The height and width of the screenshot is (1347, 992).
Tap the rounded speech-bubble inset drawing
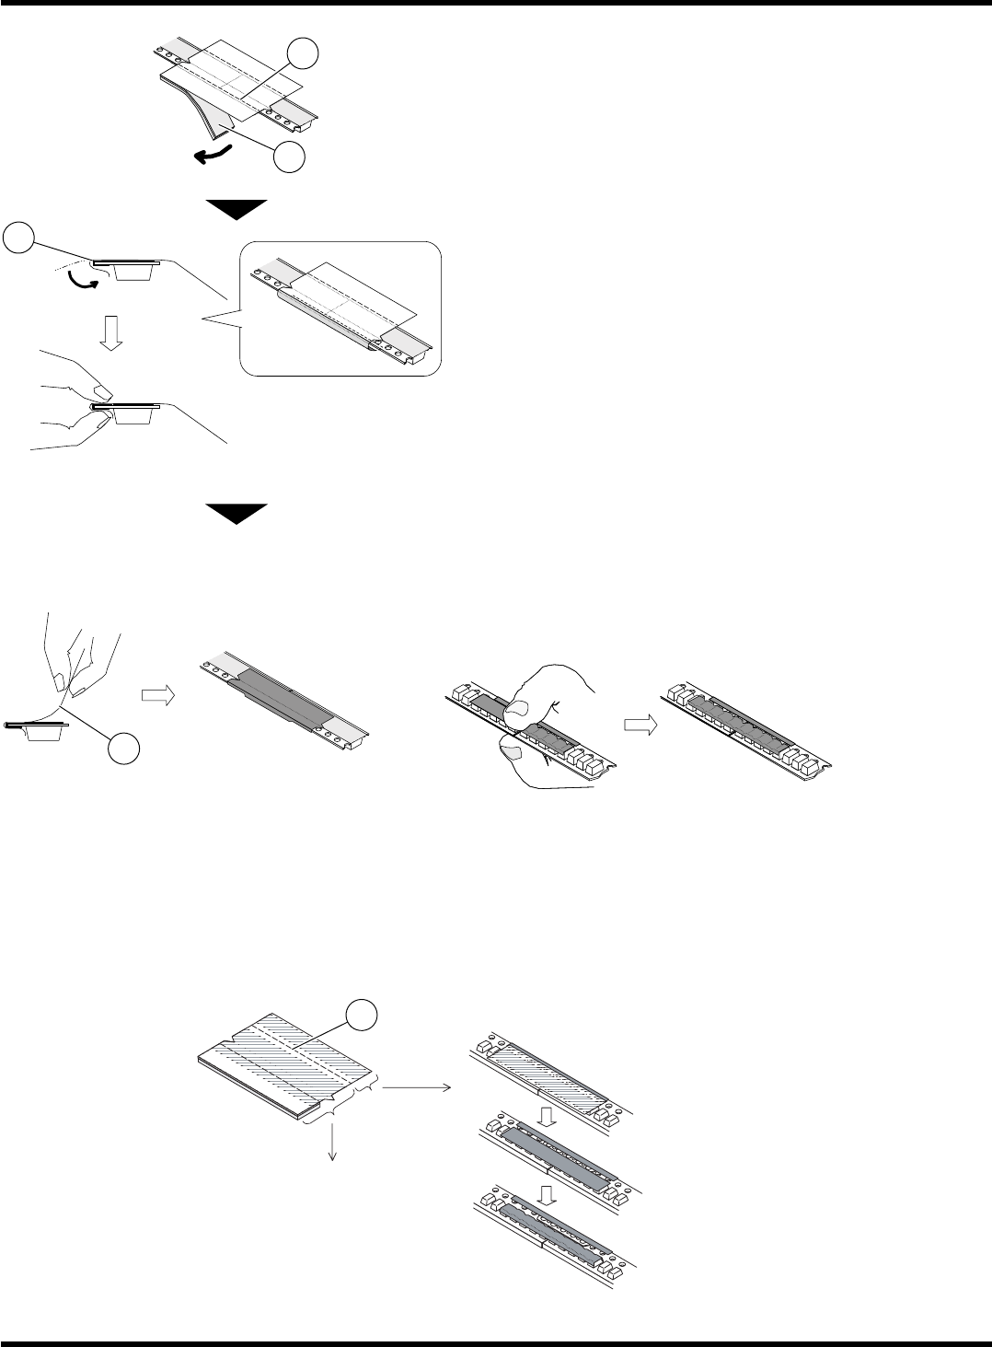(340, 308)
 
